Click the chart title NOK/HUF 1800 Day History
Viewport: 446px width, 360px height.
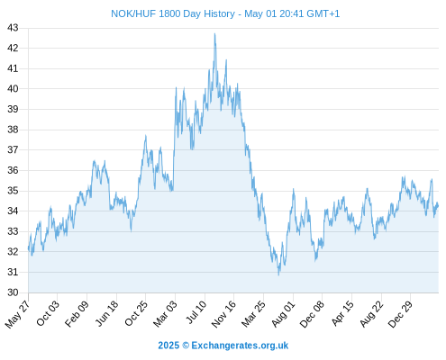click(x=173, y=13)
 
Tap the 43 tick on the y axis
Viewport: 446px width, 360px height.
click(x=13, y=28)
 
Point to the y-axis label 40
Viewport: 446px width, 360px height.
click(x=13, y=89)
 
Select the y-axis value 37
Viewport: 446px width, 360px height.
click(x=13, y=149)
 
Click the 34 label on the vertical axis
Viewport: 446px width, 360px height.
click(x=13, y=211)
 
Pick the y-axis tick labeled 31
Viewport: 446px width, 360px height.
click(x=13, y=272)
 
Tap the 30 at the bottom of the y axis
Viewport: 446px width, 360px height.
click(x=13, y=292)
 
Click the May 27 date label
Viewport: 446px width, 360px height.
click(x=17, y=314)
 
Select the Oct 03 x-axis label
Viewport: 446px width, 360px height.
click(x=48, y=313)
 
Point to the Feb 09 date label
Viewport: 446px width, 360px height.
click(x=77, y=313)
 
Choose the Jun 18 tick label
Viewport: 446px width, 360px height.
click(x=106, y=313)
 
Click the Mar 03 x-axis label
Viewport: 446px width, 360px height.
click(x=165, y=313)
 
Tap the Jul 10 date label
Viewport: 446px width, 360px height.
click(x=196, y=312)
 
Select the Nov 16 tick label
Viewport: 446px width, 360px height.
click(x=223, y=314)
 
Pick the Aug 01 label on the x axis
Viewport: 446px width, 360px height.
click(x=283, y=314)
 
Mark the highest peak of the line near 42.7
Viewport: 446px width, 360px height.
click(x=214, y=33)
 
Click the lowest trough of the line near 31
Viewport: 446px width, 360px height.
click(x=278, y=274)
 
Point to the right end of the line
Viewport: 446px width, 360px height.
click(x=438, y=206)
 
